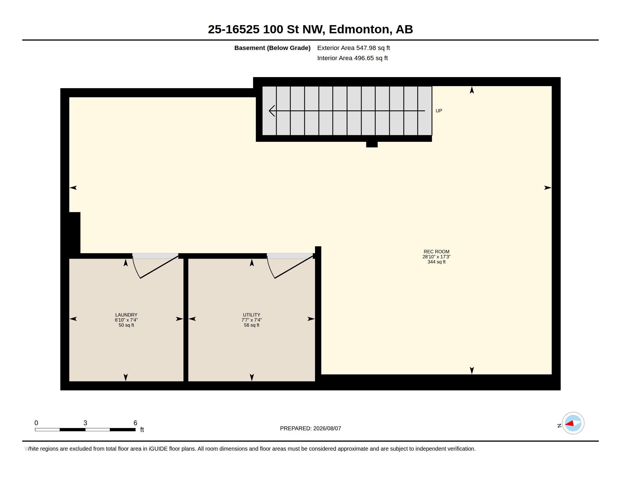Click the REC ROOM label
(x=436, y=252)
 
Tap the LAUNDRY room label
(x=126, y=315)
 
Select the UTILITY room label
(x=252, y=315)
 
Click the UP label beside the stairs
(x=439, y=111)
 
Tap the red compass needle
(x=569, y=424)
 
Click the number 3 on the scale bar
(x=85, y=423)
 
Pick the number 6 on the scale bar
(x=135, y=423)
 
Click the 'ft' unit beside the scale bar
(x=142, y=430)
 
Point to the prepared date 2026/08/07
(x=327, y=428)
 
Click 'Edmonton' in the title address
(x=359, y=29)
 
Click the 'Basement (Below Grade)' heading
(x=272, y=48)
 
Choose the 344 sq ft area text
(x=436, y=262)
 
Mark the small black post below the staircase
(x=372, y=144)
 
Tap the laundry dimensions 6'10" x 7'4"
(x=126, y=320)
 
